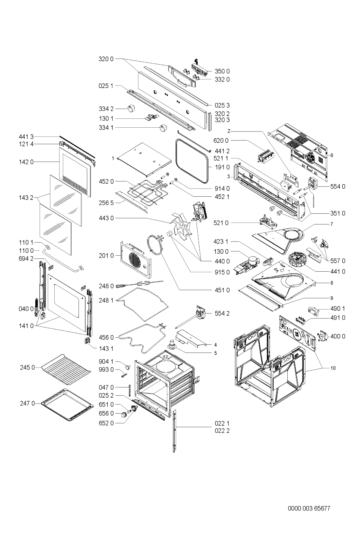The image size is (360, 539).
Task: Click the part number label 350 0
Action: pos(222,71)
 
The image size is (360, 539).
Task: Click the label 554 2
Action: pos(222,313)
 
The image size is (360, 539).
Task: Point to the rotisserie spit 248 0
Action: pos(139,284)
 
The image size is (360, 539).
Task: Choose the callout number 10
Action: pos(333,368)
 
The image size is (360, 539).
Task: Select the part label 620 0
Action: pos(221,140)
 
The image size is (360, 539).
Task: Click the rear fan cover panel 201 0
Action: pos(136,260)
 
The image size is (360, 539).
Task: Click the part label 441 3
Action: pos(26,137)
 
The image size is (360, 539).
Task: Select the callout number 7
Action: pos(332,224)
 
